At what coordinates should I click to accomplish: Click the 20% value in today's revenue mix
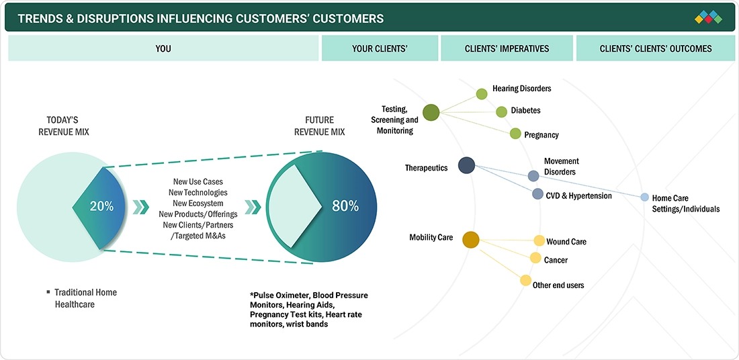(101, 206)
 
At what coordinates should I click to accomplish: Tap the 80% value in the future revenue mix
(345, 206)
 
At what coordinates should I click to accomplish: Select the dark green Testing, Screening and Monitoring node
(431, 113)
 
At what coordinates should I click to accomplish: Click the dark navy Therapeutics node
(467, 165)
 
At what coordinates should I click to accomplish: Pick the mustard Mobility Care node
(471, 240)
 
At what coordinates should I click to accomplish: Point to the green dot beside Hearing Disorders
(481, 94)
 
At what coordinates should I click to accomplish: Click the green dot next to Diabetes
(501, 111)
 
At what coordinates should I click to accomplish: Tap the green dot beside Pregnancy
(515, 134)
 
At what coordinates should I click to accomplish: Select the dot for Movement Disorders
(533, 176)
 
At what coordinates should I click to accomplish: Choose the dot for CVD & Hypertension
(537, 193)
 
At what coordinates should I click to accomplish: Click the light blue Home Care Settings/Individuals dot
(644, 197)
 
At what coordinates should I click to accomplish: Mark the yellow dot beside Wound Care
(539, 240)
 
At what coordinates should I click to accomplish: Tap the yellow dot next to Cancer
(535, 258)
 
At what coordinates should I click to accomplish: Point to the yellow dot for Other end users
(525, 280)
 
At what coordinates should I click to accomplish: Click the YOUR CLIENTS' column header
(380, 48)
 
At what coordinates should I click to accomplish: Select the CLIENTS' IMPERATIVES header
(507, 48)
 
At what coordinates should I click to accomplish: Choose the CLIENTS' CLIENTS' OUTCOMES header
(656, 48)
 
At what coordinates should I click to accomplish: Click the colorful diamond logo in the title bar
(708, 17)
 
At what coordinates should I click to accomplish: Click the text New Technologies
(198, 192)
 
